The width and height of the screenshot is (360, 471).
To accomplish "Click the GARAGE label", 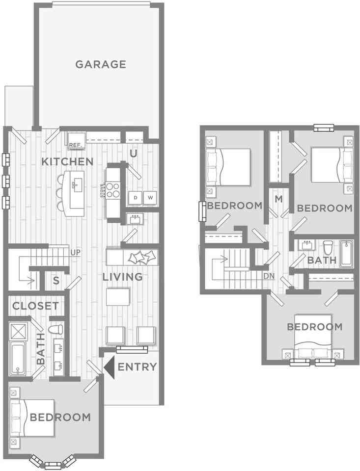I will coord(101,64).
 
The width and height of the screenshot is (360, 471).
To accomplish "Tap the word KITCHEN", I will coord(67,161).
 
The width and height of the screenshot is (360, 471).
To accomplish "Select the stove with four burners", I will coord(112,189).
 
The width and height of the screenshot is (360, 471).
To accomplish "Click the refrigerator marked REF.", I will coord(75,140).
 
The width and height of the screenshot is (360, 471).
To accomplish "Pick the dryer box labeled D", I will coord(135,198).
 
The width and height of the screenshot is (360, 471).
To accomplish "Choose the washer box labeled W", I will coord(150,198).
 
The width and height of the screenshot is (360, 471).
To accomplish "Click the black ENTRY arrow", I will coord(109,367).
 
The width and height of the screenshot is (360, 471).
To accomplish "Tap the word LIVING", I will coord(123,277).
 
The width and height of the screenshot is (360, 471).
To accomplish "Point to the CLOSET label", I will coord(35,306).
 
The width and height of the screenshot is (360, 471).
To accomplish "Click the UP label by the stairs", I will coord(76,252).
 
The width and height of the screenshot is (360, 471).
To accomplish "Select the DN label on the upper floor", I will coord(269,276).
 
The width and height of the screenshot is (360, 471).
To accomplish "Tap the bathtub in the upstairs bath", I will coord(347,253).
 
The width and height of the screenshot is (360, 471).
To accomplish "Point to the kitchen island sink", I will coord(77,185).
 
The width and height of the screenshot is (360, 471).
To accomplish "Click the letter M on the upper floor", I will coord(279,199).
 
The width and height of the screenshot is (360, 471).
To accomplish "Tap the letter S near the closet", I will coord(56,281).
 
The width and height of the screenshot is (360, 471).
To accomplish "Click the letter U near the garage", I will coord(133,153).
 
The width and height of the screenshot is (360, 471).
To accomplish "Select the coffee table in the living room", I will coord(118,297).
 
